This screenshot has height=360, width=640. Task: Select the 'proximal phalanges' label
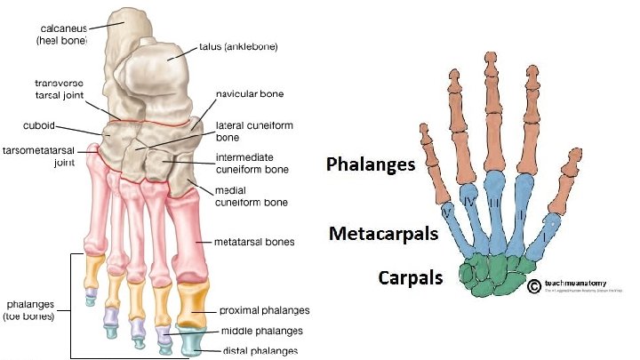(x=264, y=310)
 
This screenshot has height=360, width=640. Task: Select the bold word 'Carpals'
(x=409, y=277)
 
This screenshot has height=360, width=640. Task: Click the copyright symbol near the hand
(x=534, y=286)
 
